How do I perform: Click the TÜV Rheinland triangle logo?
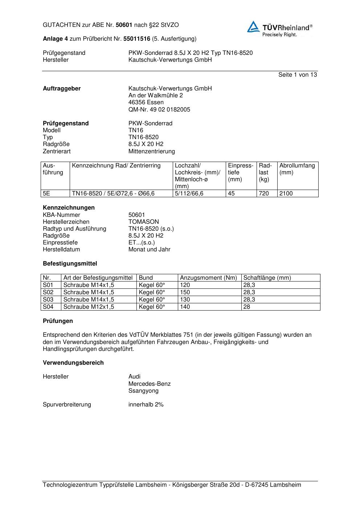[253, 27]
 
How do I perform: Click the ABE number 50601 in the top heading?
[124, 25]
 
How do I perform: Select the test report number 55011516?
[137, 39]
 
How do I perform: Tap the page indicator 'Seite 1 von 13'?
[297, 75]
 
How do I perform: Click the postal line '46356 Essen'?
[146, 102]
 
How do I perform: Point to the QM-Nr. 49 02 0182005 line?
[159, 109]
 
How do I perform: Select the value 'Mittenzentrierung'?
[151, 151]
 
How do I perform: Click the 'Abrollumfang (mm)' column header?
[297, 169]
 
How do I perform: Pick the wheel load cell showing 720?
[264, 194]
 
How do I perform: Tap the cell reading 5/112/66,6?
[189, 194]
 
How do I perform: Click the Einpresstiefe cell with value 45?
[232, 194]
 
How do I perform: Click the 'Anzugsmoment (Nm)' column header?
[208, 278]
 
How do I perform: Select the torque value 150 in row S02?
[185, 292]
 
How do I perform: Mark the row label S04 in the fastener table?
[48, 307]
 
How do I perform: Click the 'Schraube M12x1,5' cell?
[89, 307]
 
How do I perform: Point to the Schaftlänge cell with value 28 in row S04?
[247, 307]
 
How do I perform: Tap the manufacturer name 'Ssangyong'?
[143, 391]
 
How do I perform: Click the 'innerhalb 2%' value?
[146, 405]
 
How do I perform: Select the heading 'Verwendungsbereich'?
[73, 363]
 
